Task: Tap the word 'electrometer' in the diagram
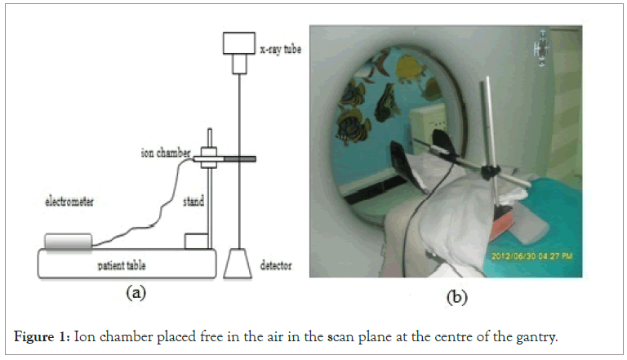68,197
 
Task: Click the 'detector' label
278,266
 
